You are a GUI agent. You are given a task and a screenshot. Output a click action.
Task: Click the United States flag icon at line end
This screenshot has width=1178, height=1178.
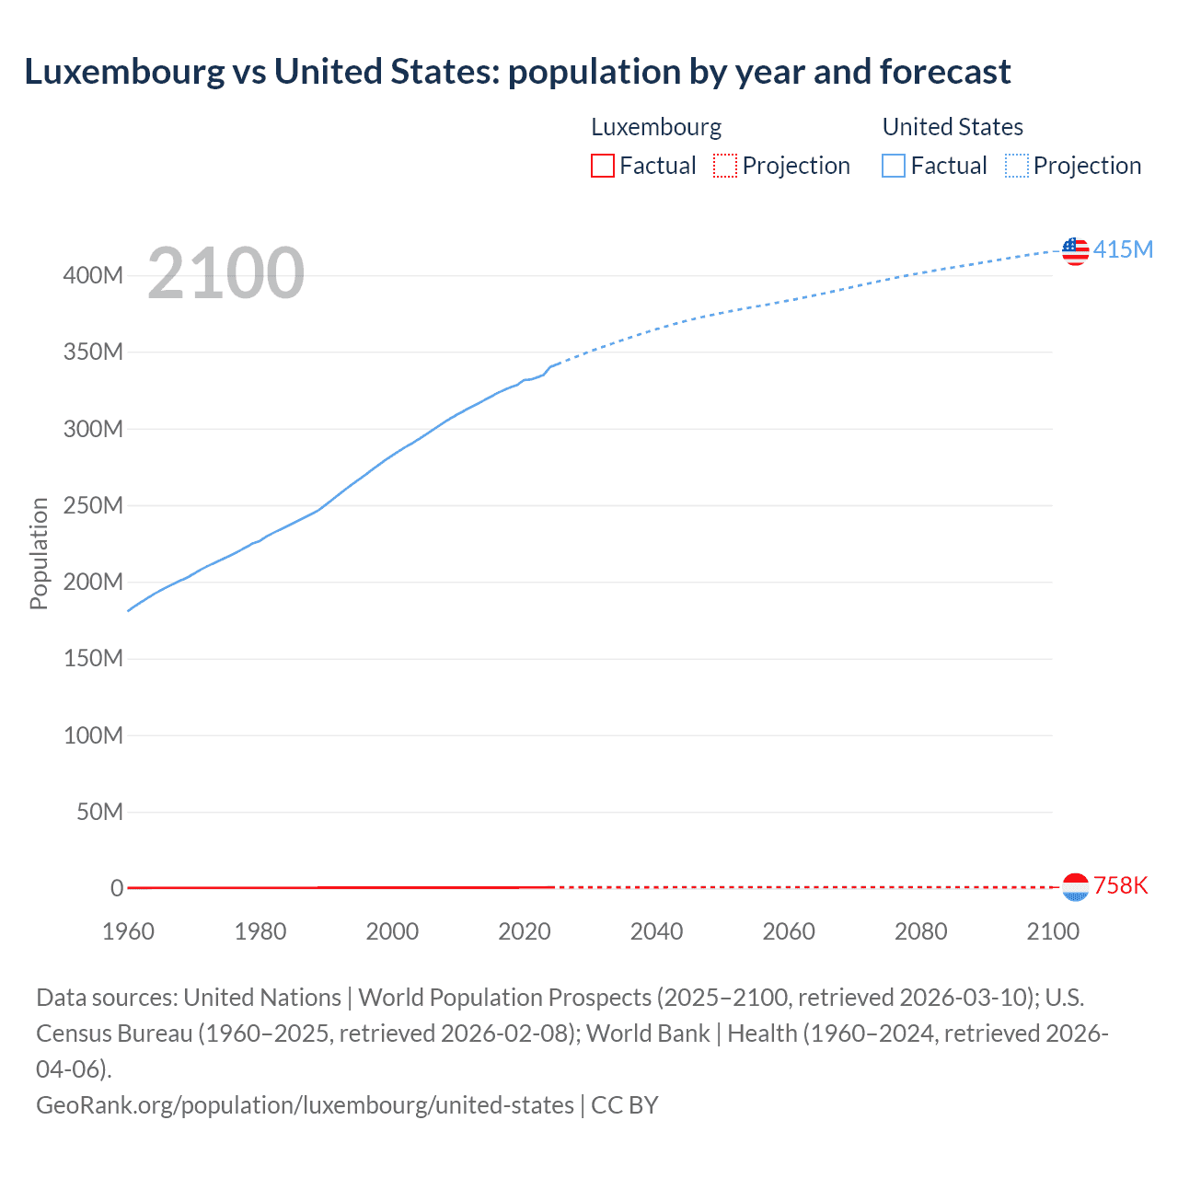pos(1075,250)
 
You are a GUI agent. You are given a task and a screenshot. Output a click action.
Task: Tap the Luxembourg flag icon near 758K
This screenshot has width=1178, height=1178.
pos(1075,886)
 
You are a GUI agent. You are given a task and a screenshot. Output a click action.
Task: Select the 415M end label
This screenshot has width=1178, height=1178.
pos(1123,249)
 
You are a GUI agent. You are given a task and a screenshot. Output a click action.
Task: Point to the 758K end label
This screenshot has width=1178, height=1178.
pos(1121,885)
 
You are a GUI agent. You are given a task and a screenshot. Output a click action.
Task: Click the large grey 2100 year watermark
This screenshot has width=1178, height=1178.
pos(225,273)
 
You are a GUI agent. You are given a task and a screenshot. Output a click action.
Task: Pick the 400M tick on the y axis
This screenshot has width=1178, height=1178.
pos(93,276)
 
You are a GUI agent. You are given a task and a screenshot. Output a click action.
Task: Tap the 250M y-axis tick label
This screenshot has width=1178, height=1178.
pos(93,505)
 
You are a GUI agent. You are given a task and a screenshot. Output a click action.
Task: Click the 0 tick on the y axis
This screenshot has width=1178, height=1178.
pos(117,888)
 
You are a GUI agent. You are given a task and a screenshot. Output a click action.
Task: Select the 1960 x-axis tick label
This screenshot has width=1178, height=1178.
pos(128,931)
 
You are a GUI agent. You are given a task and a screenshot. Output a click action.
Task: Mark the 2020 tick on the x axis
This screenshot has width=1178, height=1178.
pos(524,931)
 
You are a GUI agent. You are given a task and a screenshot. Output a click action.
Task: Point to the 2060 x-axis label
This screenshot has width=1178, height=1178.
pos(789,931)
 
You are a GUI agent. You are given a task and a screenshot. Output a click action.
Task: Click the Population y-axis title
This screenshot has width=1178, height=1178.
pos(39,553)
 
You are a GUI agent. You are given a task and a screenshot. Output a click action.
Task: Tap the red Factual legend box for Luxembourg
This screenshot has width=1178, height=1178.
pos(602,166)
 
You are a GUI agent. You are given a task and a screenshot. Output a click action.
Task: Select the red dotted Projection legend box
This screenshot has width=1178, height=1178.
pos(725,166)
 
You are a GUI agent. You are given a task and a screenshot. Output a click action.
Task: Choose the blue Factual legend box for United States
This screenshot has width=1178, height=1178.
pos(893,166)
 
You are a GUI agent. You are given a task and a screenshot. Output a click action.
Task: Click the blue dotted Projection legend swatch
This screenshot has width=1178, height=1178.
pos(1016,166)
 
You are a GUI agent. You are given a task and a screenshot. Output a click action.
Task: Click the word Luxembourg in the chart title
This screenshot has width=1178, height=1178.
pos(124,71)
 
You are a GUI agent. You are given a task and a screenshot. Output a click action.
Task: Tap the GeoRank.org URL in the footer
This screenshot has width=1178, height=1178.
pos(305,1104)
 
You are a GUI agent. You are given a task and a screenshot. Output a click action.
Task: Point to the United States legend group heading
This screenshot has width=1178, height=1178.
pos(953,127)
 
